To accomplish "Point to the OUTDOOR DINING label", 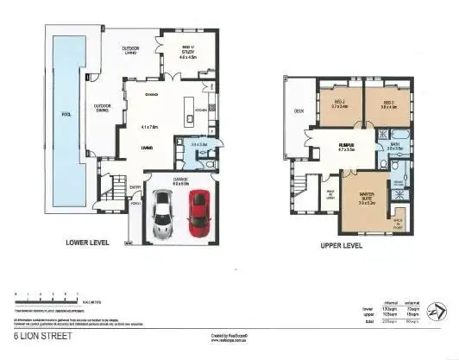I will coord(108,108).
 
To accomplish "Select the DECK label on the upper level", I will coord(299,111).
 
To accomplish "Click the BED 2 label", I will coord(338,103).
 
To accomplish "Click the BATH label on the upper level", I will coord(394,147).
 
